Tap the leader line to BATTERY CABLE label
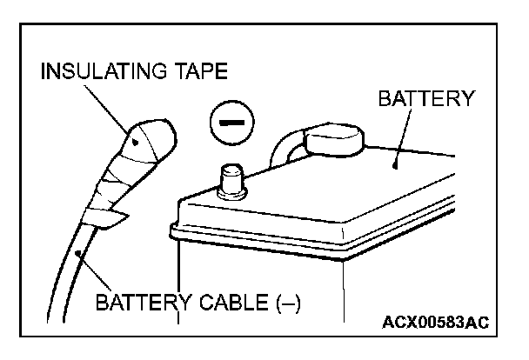pyautogui.click(x=96, y=274)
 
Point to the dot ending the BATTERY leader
pyautogui.click(x=396, y=162)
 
